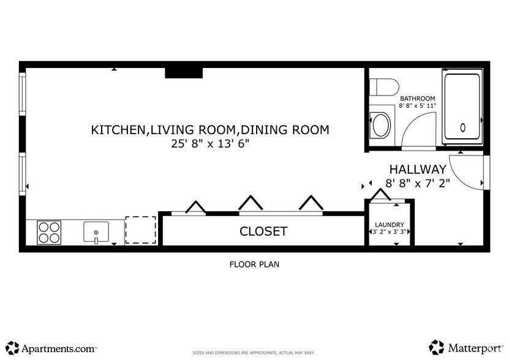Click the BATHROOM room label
[417, 98]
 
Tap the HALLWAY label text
[418, 169]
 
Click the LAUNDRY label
[390, 224]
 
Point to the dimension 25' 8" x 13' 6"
[210, 144]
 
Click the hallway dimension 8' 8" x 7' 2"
[418, 182]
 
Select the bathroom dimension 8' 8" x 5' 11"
[418, 106]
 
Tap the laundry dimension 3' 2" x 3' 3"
[390, 232]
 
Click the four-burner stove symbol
[49, 232]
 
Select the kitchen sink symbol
[96, 231]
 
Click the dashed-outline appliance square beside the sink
[140, 230]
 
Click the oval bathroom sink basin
[382, 125]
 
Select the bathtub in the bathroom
[462, 105]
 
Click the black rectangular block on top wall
[184, 72]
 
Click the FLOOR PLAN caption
[254, 264]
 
